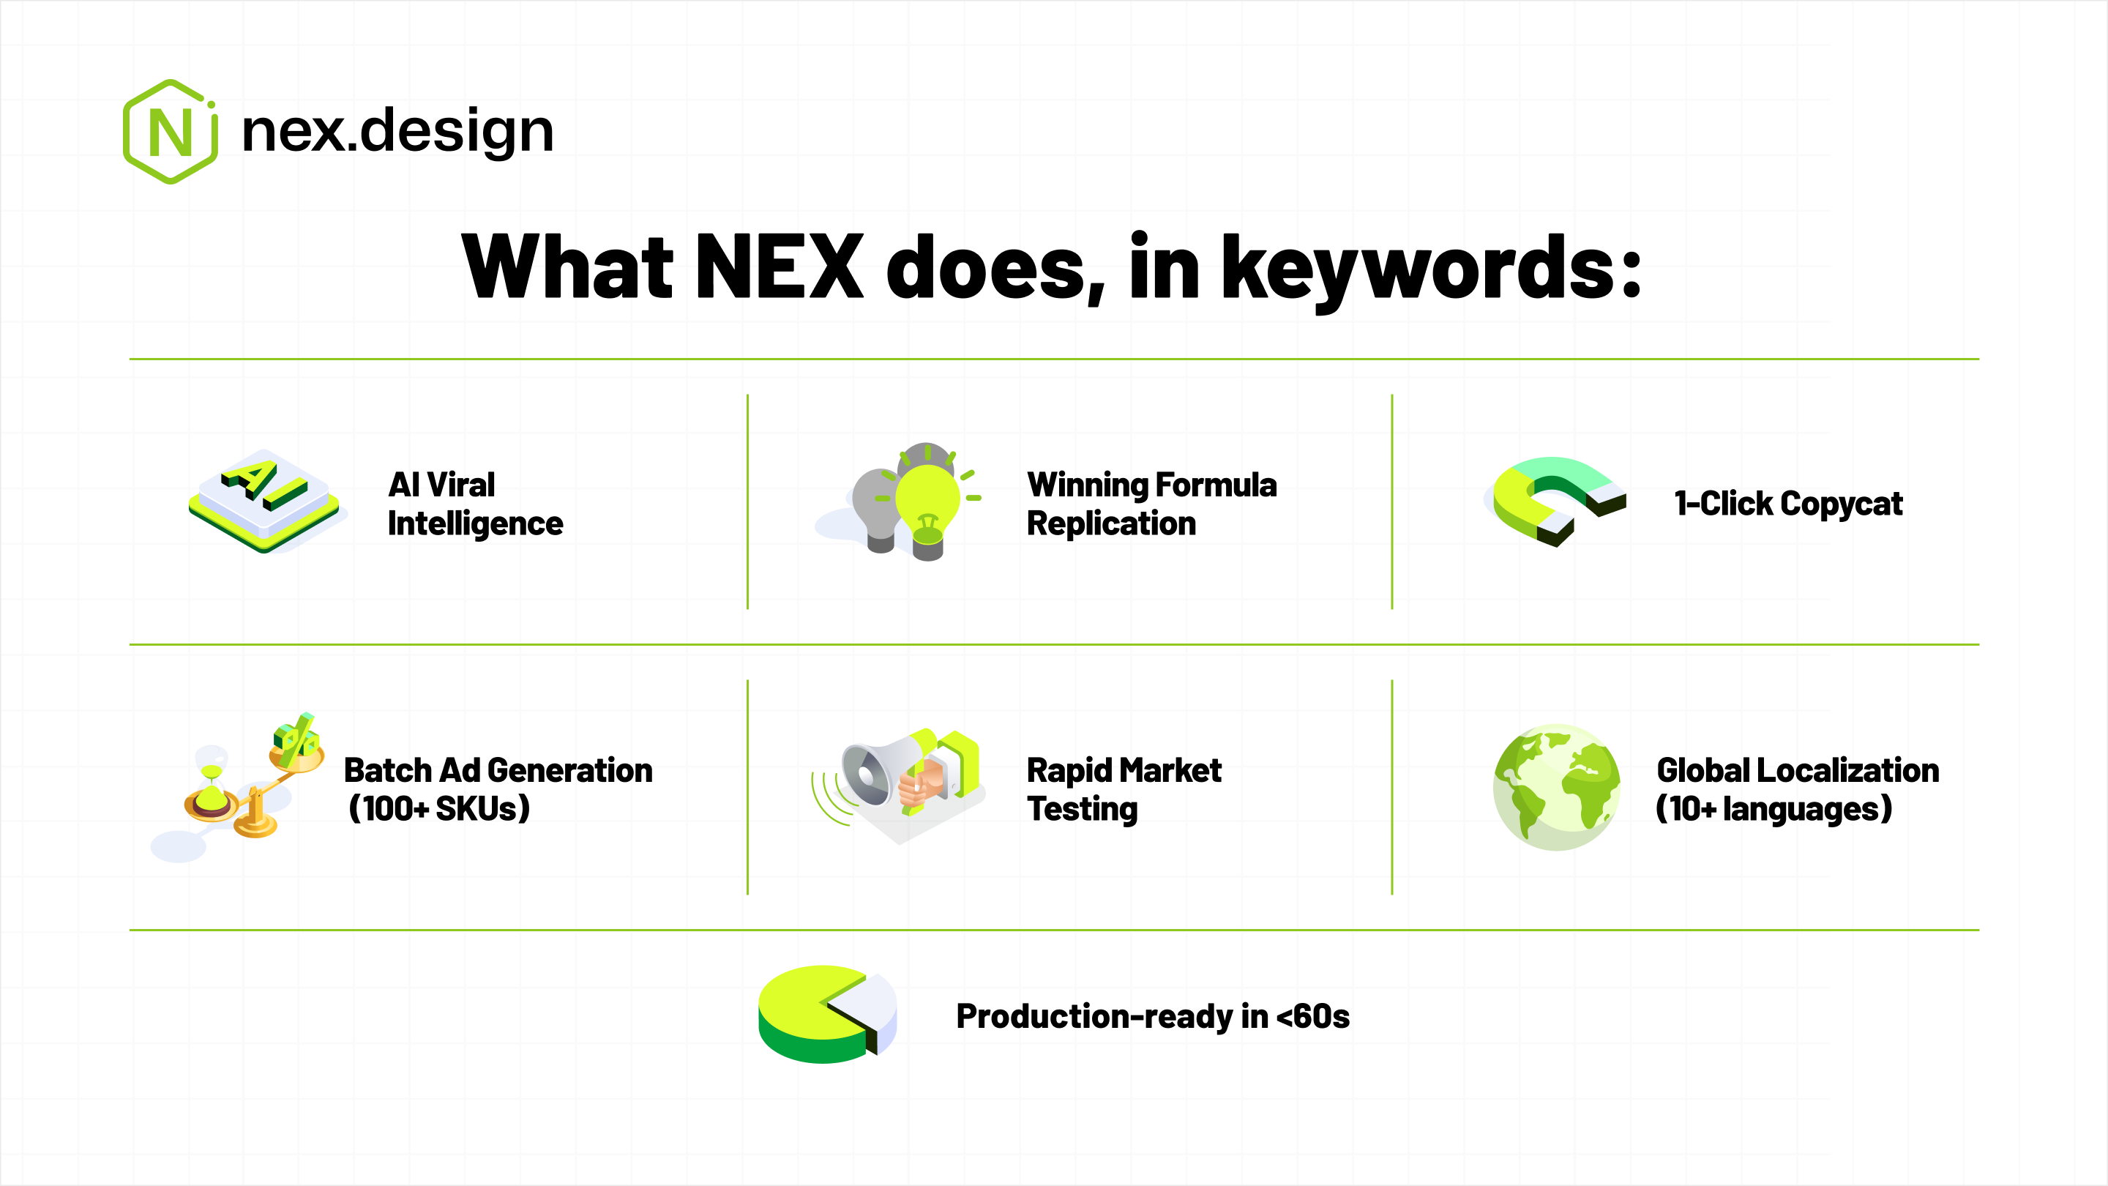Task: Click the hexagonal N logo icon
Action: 171,132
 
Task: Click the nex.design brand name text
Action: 397,132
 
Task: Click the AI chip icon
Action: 264,501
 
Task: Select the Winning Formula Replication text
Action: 1151,504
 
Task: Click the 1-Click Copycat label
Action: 1789,504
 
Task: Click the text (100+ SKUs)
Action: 439,809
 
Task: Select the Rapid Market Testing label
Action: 1124,789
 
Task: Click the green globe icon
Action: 1556,786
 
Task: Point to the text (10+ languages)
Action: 1774,809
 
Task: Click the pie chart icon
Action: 827,1014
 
